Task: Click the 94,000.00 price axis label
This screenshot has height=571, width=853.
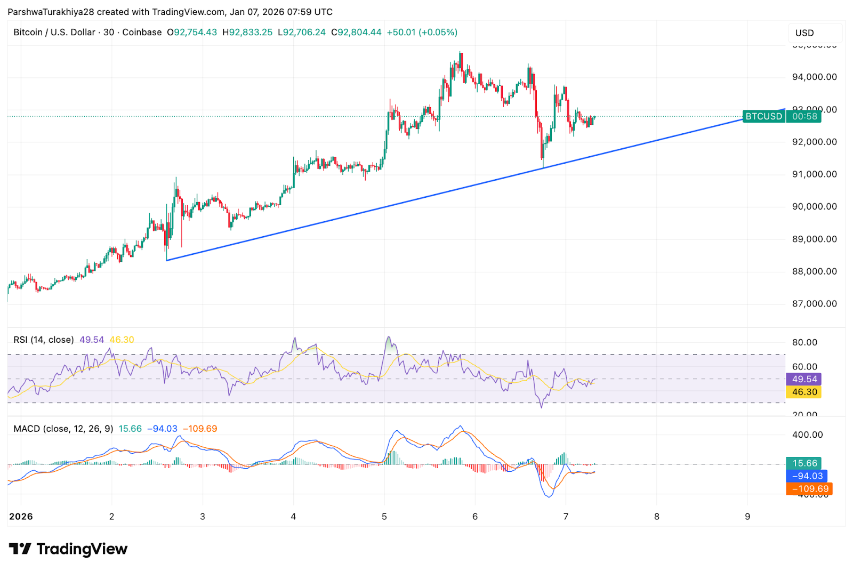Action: pyautogui.click(x=814, y=77)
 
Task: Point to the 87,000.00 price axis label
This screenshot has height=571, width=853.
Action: pyautogui.click(x=814, y=304)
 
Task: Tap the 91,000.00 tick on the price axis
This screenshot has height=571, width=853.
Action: pyautogui.click(x=814, y=174)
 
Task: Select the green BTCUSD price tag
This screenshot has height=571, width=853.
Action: pyautogui.click(x=763, y=116)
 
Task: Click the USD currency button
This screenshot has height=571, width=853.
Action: pyautogui.click(x=804, y=33)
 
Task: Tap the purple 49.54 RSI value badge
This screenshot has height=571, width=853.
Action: pyautogui.click(x=804, y=379)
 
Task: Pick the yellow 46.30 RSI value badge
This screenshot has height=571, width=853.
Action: pyautogui.click(x=804, y=392)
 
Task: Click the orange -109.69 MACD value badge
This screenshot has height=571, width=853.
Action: pyautogui.click(x=809, y=489)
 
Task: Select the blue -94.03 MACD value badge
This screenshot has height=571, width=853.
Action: pyautogui.click(x=807, y=476)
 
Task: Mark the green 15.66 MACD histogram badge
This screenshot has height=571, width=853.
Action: pyautogui.click(x=804, y=463)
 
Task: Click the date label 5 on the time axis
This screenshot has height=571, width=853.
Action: pyautogui.click(x=384, y=516)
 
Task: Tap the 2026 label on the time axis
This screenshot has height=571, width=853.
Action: pyautogui.click(x=21, y=516)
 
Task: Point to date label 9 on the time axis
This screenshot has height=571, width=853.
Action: pyautogui.click(x=747, y=516)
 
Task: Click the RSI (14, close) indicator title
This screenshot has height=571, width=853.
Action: pyautogui.click(x=44, y=340)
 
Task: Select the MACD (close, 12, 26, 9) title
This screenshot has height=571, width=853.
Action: pyautogui.click(x=63, y=429)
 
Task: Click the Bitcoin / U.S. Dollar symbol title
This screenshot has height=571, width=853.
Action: pyautogui.click(x=54, y=32)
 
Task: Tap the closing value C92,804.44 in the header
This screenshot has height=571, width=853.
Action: pyautogui.click(x=356, y=32)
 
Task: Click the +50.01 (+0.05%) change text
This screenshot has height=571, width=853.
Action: pyautogui.click(x=422, y=32)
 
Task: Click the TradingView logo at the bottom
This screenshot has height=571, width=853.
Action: pyautogui.click(x=68, y=549)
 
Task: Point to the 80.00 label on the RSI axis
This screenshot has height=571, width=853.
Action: pyautogui.click(x=804, y=342)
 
